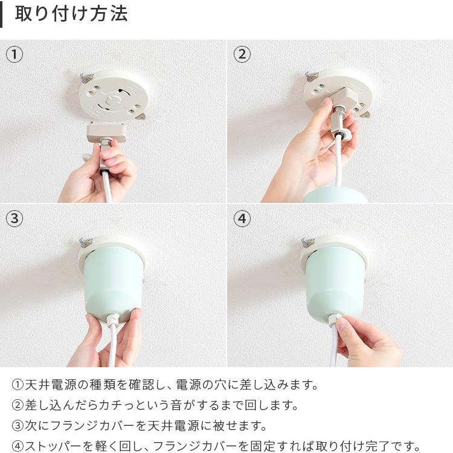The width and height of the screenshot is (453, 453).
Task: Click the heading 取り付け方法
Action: [71, 14]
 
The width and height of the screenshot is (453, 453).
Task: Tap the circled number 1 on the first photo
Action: [14, 55]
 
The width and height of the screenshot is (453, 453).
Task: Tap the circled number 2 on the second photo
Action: [242, 55]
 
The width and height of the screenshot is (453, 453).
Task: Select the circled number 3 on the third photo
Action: [14, 218]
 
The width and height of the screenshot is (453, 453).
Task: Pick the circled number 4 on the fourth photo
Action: [242, 218]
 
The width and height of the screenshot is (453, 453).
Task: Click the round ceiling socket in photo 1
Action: [113, 96]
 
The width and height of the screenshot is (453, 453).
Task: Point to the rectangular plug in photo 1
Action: [107, 131]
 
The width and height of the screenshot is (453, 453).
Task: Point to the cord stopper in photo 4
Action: [334, 318]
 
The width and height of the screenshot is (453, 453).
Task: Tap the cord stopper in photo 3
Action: [112, 320]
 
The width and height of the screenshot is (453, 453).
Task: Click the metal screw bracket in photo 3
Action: [85, 242]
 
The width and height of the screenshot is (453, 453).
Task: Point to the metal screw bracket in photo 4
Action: [308, 242]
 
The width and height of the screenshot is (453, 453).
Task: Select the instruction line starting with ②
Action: [155, 405]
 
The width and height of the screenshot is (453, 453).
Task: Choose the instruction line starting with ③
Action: [140, 425]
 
